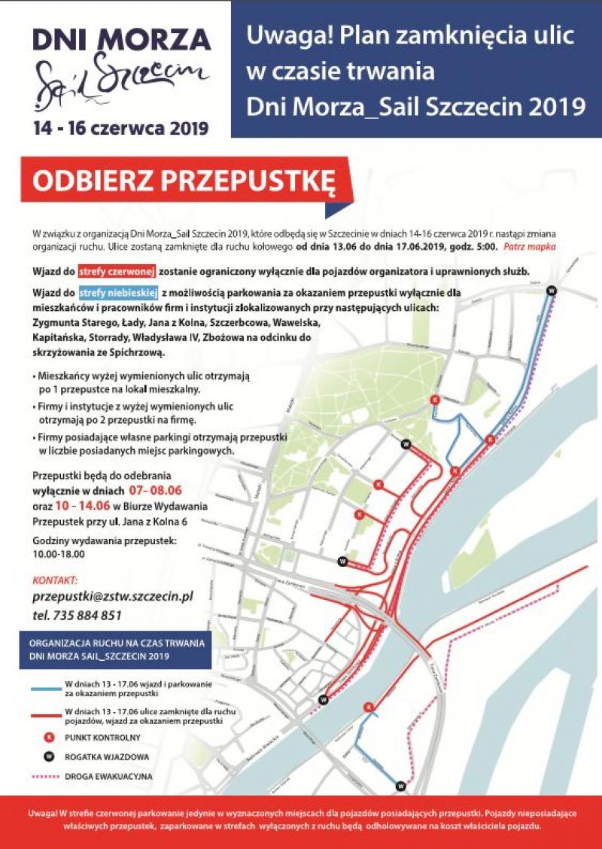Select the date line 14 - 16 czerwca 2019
120,127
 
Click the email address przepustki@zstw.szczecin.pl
113,596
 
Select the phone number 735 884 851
88,615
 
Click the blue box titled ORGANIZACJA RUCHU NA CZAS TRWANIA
114,651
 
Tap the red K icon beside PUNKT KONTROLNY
47,738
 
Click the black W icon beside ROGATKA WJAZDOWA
47,756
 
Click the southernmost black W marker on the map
400,787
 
